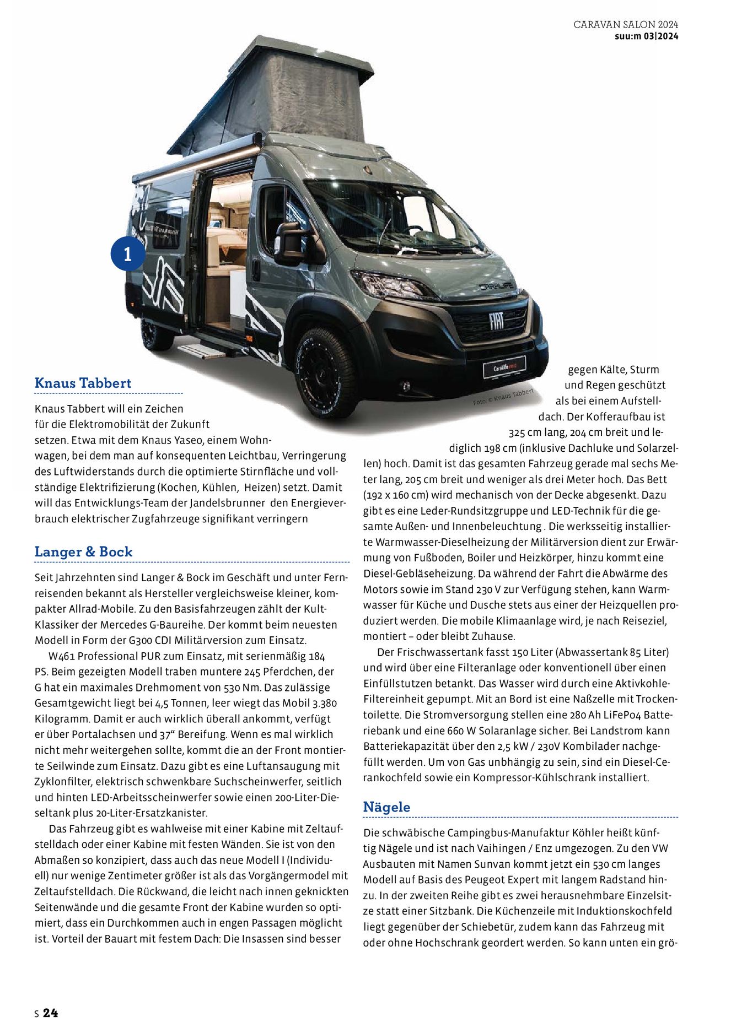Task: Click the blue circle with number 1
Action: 128,254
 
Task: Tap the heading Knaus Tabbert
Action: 83,383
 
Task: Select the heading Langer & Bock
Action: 83,551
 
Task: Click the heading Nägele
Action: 386,807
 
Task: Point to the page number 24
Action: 50,1013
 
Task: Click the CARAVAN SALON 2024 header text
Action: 625,25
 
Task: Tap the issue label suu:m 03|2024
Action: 646,36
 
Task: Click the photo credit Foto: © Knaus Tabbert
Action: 503,397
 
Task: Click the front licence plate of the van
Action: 504,367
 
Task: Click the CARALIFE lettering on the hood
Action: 495,286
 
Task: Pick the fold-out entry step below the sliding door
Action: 208,351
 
